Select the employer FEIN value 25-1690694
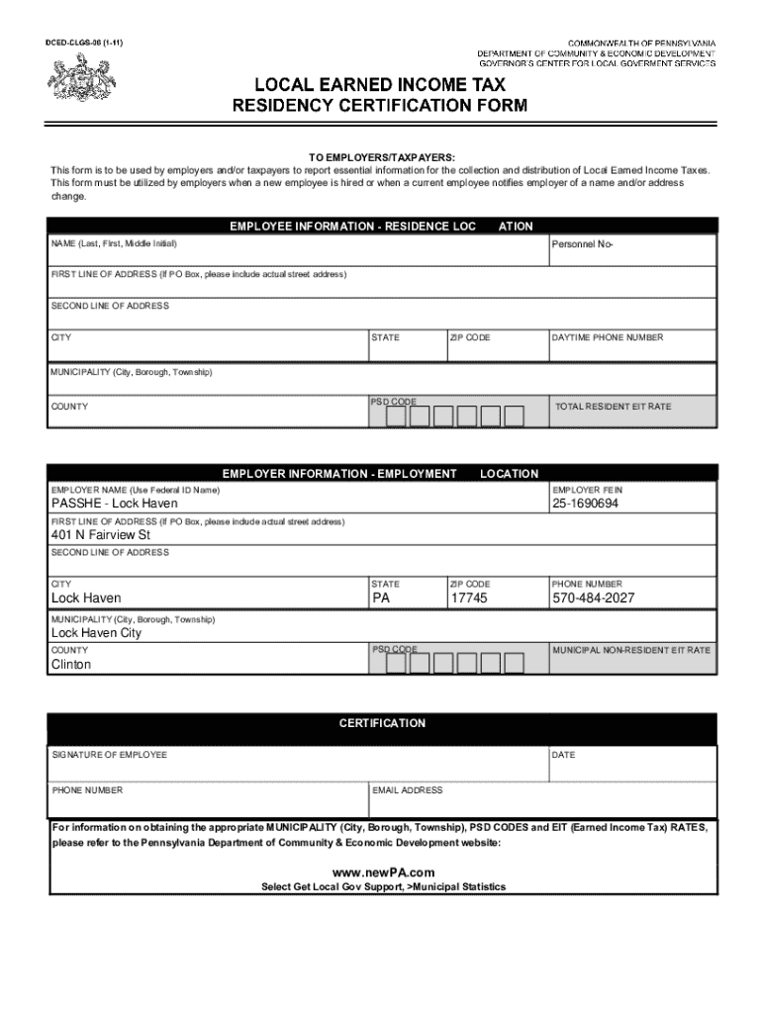click(x=586, y=504)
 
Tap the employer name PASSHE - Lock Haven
click(x=115, y=504)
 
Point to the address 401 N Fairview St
click(x=101, y=535)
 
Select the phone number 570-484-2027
click(x=594, y=599)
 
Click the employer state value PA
click(x=382, y=599)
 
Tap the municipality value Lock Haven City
click(x=97, y=633)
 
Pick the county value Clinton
click(x=71, y=665)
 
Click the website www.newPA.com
click(x=383, y=872)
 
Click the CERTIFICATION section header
click(x=382, y=723)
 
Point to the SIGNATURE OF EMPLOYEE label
click(x=109, y=755)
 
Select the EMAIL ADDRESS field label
click(x=408, y=790)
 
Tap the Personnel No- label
click(x=582, y=243)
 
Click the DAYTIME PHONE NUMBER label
click(x=608, y=337)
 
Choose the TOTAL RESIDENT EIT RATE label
click(x=614, y=407)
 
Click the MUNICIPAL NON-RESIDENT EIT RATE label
click(x=631, y=650)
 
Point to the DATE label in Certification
click(x=563, y=755)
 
